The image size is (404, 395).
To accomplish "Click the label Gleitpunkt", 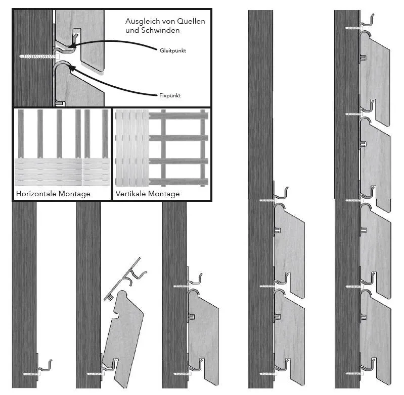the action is pyautogui.click(x=172, y=50).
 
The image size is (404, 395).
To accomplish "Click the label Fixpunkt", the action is pyautogui.click(x=170, y=95).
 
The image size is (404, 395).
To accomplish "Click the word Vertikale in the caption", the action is pyautogui.click(x=131, y=194).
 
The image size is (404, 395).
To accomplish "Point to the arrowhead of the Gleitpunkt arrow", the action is pyautogui.click(x=72, y=46).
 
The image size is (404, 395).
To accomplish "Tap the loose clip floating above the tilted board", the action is pyautogui.click(x=125, y=278).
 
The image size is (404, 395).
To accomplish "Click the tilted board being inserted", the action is pyautogui.click(x=124, y=339).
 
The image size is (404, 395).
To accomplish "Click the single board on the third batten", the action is pyautogui.click(x=204, y=336).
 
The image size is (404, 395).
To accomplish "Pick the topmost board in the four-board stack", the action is pyautogui.click(x=375, y=77).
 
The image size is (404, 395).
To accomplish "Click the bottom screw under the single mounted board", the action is pyautogui.click(x=182, y=374).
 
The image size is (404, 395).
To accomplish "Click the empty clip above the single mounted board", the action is pyautogui.click(x=195, y=279).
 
